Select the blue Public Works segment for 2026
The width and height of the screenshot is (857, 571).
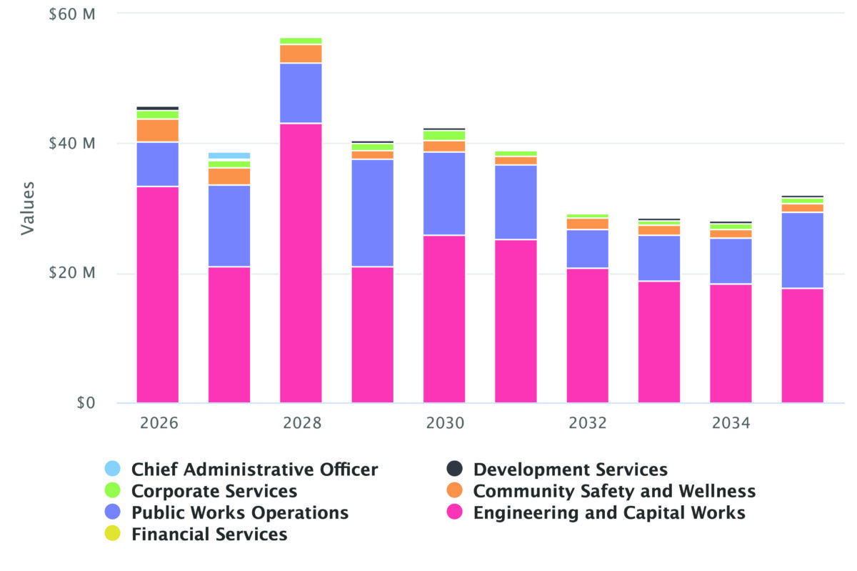(x=158, y=164)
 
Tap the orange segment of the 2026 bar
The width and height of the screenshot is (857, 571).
(x=158, y=130)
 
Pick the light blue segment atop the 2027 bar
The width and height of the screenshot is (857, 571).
(x=229, y=155)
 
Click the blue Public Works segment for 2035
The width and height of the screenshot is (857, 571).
(x=802, y=250)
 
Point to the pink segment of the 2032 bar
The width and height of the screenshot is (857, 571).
(x=588, y=335)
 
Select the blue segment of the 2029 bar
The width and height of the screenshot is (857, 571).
(x=372, y=213)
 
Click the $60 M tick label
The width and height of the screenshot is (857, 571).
(x=72, y=14)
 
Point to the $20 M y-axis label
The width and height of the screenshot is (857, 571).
(x=72, y=273)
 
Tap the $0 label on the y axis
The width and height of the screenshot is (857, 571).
(x=84, y=403)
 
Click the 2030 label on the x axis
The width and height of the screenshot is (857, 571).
(x=445, y=423)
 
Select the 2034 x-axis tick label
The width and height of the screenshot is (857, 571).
(x=731, y=423)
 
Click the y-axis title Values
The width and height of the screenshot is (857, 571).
(x=27, y=208)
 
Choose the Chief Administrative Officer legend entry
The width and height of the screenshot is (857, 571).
(x=254, y=470)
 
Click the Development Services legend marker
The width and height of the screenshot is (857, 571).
(x=455, y=470)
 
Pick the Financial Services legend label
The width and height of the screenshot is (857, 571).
(x=209, y=534)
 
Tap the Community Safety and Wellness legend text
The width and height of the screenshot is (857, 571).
(x=614, y=491)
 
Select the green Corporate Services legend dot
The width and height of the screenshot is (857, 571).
(x=113, y=491)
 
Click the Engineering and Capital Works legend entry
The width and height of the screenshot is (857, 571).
(x=609, y=512)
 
